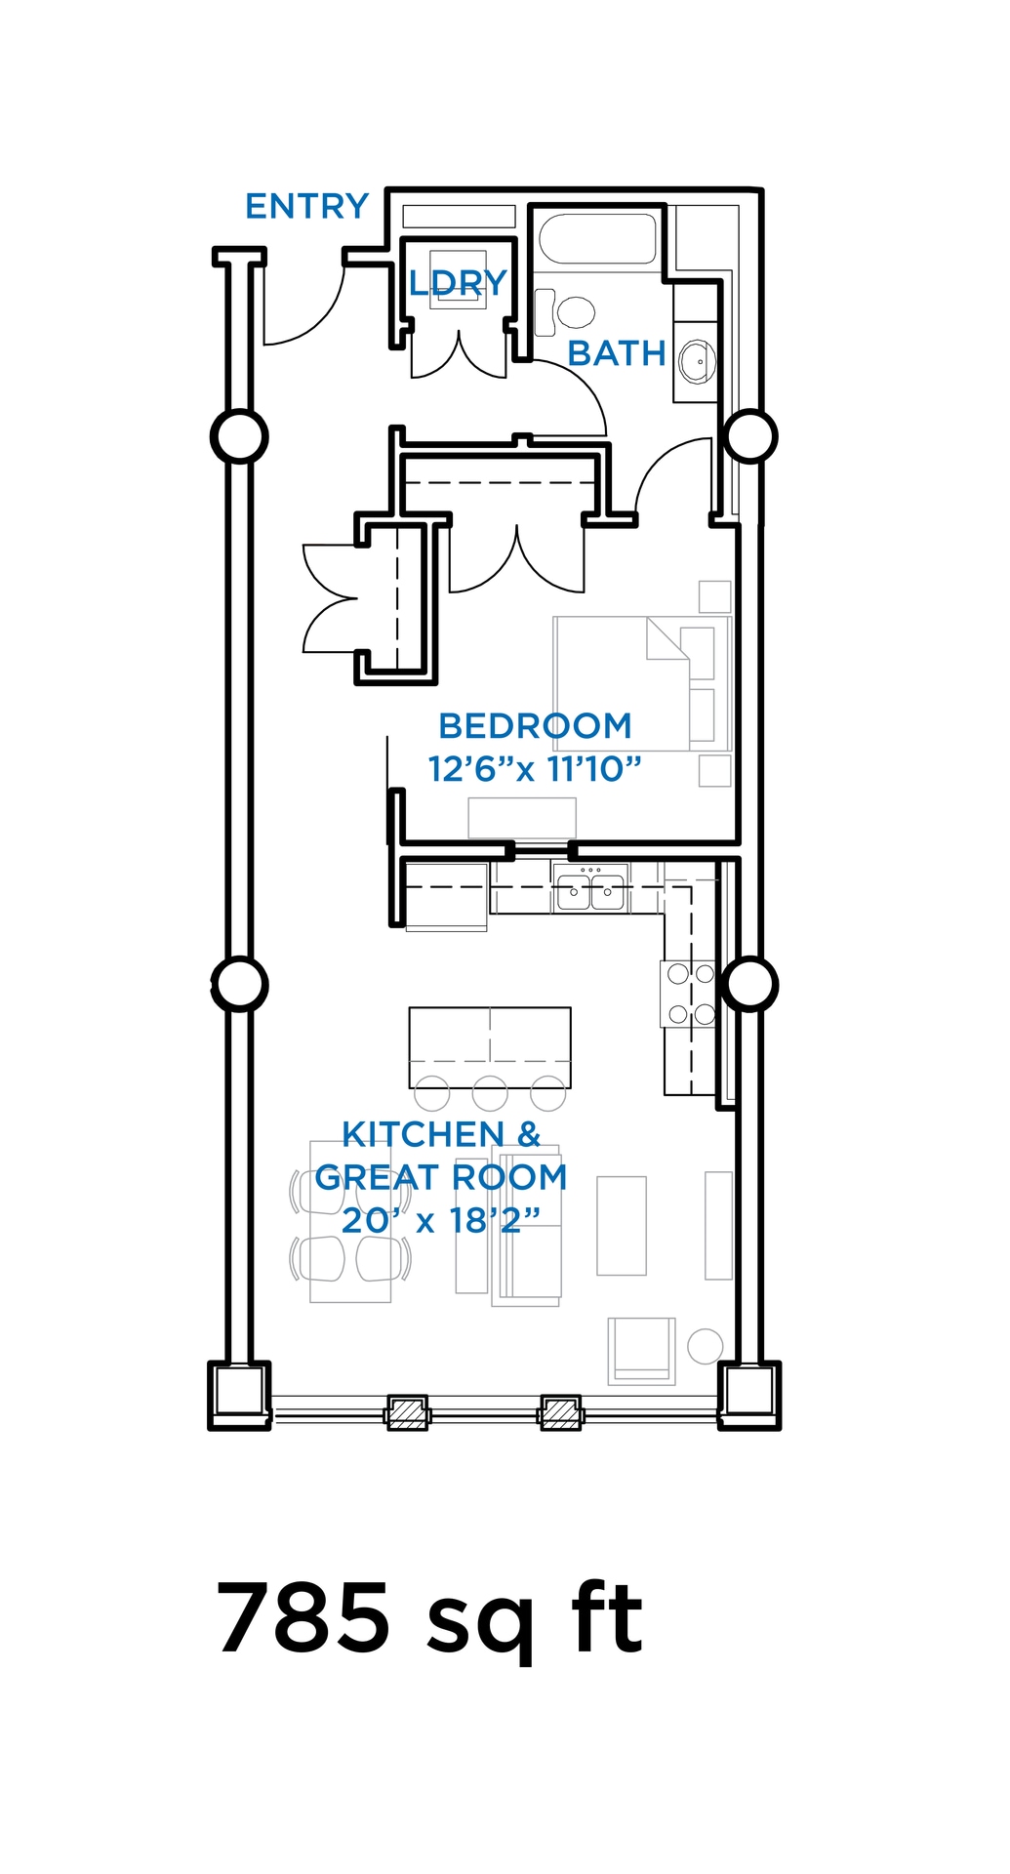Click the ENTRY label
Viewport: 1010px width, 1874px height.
point(306,207)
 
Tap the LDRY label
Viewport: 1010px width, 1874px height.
point(458,283)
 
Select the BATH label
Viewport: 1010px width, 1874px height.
point(617,353)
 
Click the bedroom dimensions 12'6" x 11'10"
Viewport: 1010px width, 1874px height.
point(535,769)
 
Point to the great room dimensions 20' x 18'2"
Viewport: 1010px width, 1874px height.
point(440,1220)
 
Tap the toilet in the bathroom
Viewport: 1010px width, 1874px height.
point(574,312)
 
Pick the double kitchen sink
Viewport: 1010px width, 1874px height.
point(590,891)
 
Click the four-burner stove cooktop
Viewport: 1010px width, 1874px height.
point(690,994)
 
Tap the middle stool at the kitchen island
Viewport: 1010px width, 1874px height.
point(490,1093)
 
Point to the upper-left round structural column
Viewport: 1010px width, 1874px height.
point(239,436)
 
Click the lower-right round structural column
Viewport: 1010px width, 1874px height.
point(750,984)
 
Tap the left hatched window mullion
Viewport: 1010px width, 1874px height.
point(408,1413)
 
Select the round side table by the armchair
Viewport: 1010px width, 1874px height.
point(705,1346)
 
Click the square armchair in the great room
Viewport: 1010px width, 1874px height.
point(641,1350)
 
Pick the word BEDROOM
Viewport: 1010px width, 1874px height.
point(535,726)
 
